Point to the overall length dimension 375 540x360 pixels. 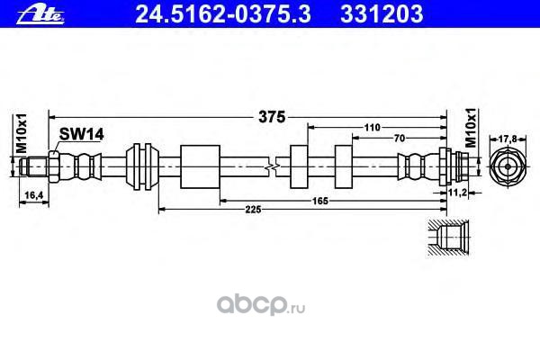[272, 116]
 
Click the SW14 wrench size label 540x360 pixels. [82, 134]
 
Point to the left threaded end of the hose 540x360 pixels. [37, 166]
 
